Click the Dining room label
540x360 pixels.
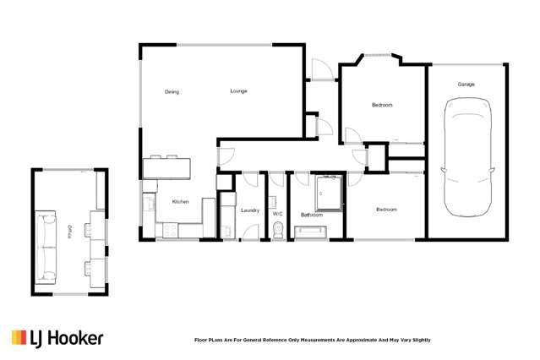point(172,92)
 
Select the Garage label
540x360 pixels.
point(466,85)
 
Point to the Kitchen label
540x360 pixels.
point(180,202)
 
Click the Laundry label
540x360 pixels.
point(249,210)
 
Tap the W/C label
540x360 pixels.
point(277,214)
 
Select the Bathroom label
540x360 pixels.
point(312,215)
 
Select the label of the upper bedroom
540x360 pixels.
point(382,105)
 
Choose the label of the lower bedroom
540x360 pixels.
point(386,210)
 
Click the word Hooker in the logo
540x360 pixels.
point(76,338)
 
